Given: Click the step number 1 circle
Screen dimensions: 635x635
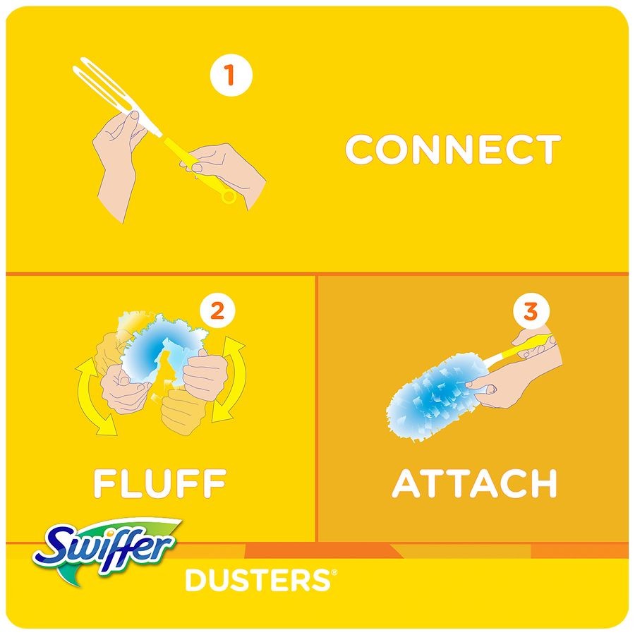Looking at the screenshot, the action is (x=231, y=75).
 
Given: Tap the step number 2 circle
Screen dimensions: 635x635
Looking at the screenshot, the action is (x=217, y=312).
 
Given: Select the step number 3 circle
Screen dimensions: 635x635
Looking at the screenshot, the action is (x=531, y=312).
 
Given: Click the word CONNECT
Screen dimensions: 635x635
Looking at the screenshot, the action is (x=453, y=150).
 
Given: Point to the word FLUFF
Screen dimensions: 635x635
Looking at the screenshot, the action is (x=159, y=483).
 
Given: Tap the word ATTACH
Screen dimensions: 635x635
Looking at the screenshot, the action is (x=475, y=483).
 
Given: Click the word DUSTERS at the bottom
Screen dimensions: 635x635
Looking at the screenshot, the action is (x=258, y=580).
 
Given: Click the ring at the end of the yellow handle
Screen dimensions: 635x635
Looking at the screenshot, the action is (x=229, y=196).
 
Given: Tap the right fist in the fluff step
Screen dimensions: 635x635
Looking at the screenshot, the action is (x=205, y=375).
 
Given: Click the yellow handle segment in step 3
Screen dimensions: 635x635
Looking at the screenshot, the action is (x=526, y=347).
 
